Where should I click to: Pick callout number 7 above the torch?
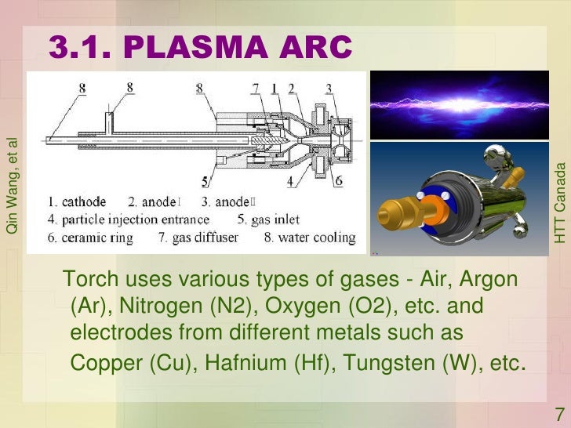256,87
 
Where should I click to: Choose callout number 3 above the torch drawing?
329,87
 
